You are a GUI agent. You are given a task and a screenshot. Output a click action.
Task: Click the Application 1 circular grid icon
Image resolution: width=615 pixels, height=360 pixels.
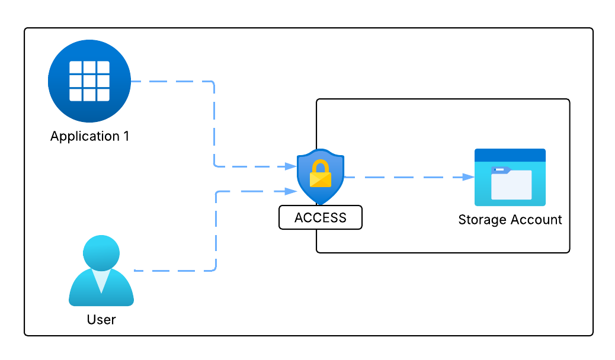[x=89, y=81]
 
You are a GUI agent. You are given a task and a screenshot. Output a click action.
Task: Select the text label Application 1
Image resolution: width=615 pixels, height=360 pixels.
[x=89, y=136]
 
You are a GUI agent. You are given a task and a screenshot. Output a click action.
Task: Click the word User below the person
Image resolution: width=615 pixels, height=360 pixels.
[x=101, y=320]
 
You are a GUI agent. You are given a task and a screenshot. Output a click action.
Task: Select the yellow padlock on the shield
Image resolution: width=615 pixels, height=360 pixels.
[x=321, y=173]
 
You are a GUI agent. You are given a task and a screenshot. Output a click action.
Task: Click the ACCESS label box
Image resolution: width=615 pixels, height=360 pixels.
[x=321, y=217]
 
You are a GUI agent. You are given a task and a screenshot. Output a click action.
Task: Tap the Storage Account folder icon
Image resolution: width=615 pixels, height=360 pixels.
[x=510, y=177]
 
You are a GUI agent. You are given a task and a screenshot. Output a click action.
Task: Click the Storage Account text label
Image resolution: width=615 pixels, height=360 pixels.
[x=510, y=220]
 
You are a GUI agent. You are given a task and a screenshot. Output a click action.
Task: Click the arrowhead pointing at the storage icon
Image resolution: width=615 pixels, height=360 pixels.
[x=469, y=177]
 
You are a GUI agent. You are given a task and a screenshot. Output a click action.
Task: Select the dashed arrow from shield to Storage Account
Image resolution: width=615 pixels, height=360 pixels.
[x=403, y=177]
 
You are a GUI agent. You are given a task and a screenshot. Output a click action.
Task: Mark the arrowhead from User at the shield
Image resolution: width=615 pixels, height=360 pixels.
[x=292, y=191]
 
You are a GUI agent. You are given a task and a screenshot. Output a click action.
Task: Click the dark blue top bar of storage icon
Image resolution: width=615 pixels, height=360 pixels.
[x=510, y=155]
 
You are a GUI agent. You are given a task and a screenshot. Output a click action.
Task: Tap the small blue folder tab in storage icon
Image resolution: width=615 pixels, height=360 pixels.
[x=500, y=170]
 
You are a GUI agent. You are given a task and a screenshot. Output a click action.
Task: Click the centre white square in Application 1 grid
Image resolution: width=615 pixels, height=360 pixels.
[x=89, y=81]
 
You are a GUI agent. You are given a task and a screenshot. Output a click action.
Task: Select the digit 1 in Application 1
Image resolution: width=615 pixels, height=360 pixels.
[x=126, y=136]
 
